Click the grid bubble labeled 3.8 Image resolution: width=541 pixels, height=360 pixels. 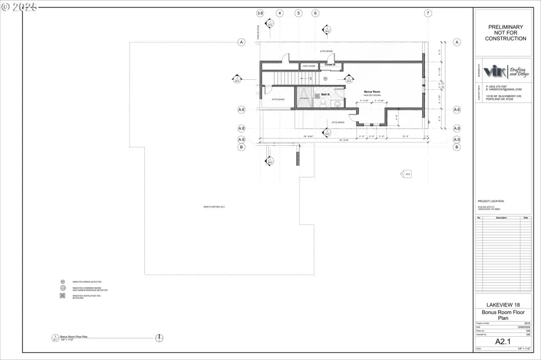pos(260,13)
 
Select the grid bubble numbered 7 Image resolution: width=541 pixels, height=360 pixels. pos(428,13)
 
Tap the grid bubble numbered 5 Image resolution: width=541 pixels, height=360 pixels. pos(299,13)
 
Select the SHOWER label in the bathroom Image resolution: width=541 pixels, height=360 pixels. pos(304,98)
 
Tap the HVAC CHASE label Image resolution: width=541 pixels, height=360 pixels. pos(308,66)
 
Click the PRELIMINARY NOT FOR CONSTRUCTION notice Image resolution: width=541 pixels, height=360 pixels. pos(506,33)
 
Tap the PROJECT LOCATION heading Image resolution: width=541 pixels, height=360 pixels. pos(491,201)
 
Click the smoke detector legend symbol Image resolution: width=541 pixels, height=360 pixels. pos(62,282)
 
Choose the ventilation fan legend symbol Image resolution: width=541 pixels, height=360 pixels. pos(62,296)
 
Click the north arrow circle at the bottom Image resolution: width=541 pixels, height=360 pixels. pos(160,338)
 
